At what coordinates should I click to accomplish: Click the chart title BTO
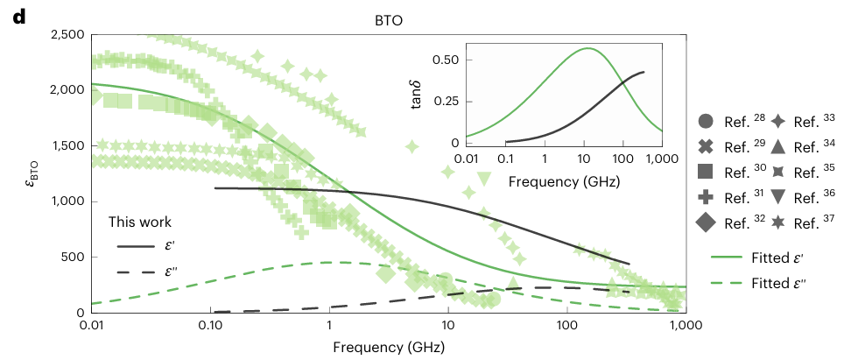[387, 20]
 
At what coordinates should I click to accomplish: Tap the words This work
[140, 222]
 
